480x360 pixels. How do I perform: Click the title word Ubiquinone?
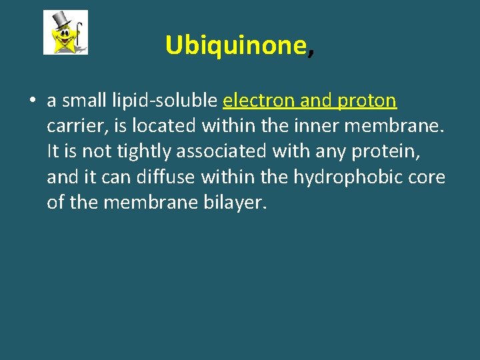(x=235, y=45)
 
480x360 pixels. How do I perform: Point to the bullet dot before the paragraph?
(x=32, y=101)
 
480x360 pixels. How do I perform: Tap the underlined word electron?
(x=259, y=101)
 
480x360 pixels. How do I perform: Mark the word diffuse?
(x=161, y=177)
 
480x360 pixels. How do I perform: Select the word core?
(x=428, y=178)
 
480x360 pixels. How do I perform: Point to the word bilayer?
(x=233, y=203)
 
